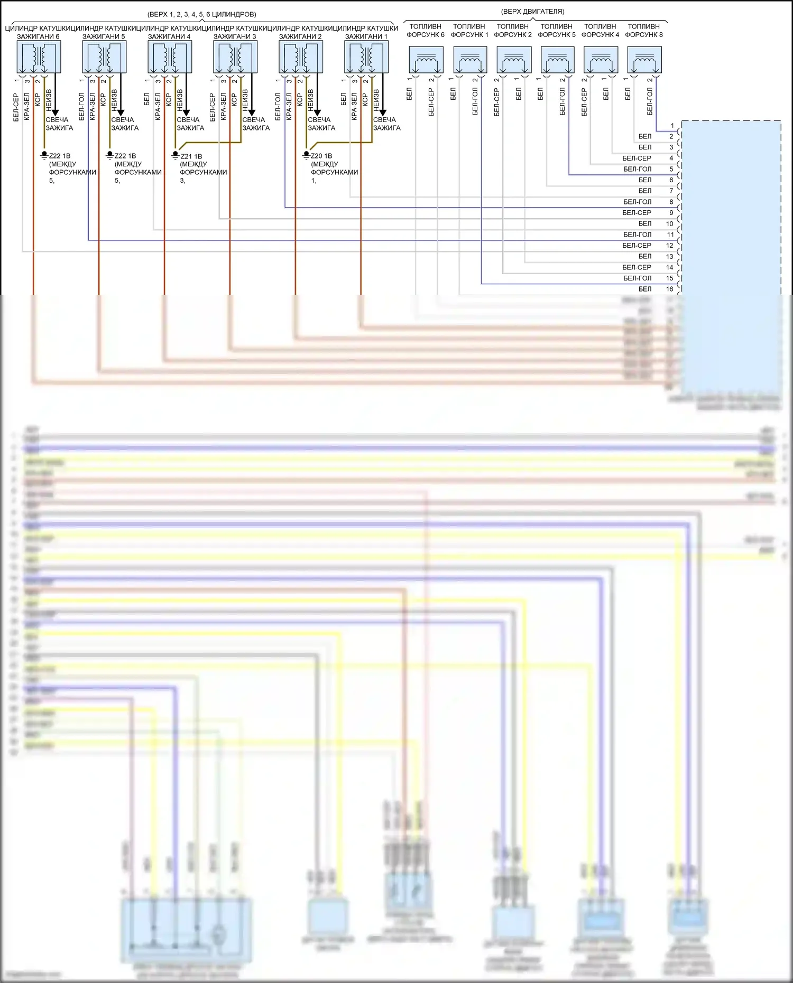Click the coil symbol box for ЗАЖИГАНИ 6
(x=39, y=57)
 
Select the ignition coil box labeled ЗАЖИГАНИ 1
(x=366, y=57)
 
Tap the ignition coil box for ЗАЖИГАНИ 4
(x=170, y=57)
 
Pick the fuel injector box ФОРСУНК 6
(x=426, y=60)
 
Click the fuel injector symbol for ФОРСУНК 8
(x=644, y=60)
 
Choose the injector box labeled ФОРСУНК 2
(x=514, y=60)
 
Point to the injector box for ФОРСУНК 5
(x=557, y=60)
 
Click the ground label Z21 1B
(x=191, y=156)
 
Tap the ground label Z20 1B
(x=321, y=156)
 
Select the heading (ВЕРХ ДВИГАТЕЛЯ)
(x=532, y=12)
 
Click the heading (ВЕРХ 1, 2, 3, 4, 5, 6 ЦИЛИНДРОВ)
(x=202, y=14)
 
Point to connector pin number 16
(x=670, y=289)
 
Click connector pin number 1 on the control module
(x=672, y=126)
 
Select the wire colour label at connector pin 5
(x=637, y=169)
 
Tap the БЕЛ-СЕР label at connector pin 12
(x=637, y=245)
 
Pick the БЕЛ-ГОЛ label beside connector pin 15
(x=637, y=278)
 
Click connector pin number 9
(x=671, y=212)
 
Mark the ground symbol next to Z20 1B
(x=306, y=155)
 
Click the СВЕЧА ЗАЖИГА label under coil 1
(x=386, y=124)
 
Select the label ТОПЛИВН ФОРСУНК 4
(x=600, y=31)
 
